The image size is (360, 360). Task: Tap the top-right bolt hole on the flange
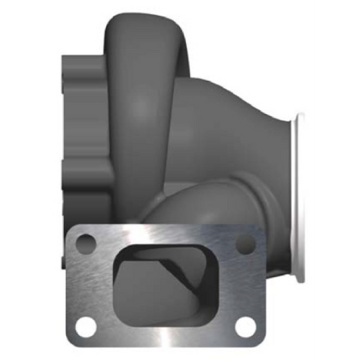point(245,243)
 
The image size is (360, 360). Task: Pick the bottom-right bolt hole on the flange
point(245,326)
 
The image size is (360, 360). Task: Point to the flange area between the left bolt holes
point(83,285)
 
